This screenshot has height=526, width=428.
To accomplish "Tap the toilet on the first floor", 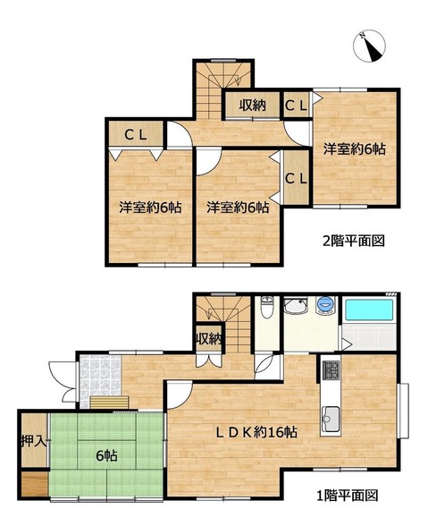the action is click(x=266, y=307).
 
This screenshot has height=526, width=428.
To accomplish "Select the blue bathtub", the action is click(x=369, y=310).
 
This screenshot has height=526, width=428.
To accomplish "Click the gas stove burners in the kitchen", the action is click(x=331, y=370).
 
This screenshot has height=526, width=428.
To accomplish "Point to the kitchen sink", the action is click(x=330, y=420).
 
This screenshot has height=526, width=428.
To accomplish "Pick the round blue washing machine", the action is click(x=325, y=304).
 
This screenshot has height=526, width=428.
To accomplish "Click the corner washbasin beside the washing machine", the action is click(x=296, y=305).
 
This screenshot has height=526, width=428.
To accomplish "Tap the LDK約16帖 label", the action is click(x=256, y=432).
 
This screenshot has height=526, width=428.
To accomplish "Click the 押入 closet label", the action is click(x=33, y=441).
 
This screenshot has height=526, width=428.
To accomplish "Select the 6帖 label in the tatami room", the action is click(x=106, y=456).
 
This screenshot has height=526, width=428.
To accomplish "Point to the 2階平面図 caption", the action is click(x=353, y=241).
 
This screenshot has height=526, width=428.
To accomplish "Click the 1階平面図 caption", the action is click(x=348, y=495).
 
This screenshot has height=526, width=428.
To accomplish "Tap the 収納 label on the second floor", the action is click(x=252, y=106).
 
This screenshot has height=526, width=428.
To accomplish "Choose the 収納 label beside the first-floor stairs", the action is click(x=209, y=340).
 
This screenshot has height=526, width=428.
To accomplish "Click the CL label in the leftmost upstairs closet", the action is click(x=136, y=135).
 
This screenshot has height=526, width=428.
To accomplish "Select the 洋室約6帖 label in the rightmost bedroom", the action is click(x=354, y=148).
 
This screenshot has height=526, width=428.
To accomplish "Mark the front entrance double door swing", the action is click(x=63, y=381).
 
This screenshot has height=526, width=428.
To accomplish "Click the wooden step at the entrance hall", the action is click(x=109, y=403).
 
